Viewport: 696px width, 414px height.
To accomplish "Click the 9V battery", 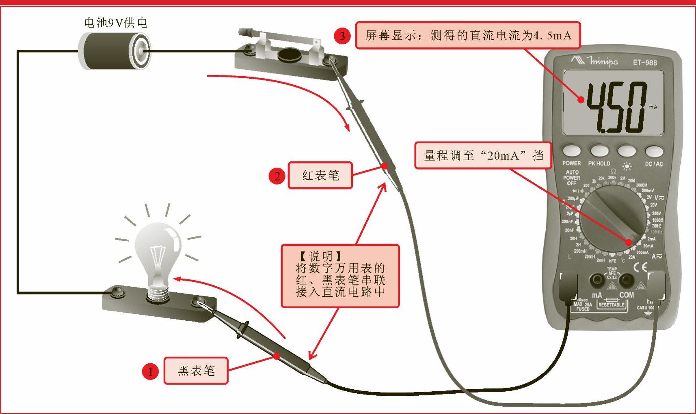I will pos(114,51).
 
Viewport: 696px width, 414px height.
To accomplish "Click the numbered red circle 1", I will pos(150,371).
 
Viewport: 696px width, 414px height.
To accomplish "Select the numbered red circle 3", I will pos(342,36).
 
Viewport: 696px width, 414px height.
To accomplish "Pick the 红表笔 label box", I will pos(320,175).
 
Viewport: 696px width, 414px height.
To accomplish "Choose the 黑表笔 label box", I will pos(196,371).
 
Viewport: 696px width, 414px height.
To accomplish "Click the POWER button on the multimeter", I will pos(571,151).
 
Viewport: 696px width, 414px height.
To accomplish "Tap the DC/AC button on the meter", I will pos(654,151).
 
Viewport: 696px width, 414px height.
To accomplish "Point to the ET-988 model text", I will pos(645,62).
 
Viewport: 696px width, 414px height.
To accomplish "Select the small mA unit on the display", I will pos(653,107).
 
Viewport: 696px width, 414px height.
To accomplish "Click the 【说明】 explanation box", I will pos(340,276).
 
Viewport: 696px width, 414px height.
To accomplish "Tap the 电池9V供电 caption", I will pos(116,23).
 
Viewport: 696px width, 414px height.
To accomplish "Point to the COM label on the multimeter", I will pos(626,295).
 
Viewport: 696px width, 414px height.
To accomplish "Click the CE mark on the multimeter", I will pos(640,267).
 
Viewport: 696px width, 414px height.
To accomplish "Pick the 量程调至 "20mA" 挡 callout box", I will pos(483,155).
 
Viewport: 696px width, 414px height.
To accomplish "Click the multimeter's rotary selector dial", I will pos(613,219).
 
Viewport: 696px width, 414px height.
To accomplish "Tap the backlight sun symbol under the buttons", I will pos(627,165).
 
